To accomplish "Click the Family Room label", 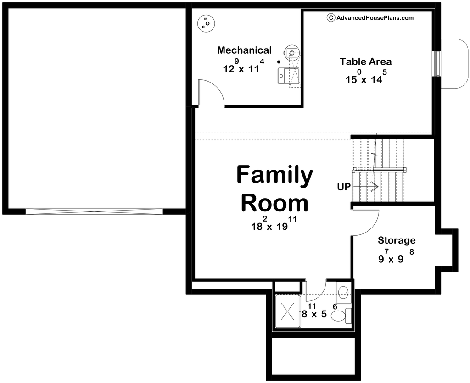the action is point(274,189).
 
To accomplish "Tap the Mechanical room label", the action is point(244,50).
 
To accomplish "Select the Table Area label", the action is point(365,61).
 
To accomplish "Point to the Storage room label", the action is point(397,240).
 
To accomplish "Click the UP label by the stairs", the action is point(344,187).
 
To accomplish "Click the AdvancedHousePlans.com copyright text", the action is point(370,18).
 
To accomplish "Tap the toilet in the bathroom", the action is point(341,315).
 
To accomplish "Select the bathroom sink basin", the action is point(342,291).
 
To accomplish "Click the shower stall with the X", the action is point(287,312).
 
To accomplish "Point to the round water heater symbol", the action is point(206,23).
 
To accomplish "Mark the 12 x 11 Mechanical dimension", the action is point(244,66).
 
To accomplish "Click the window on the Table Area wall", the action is point(437,64).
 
